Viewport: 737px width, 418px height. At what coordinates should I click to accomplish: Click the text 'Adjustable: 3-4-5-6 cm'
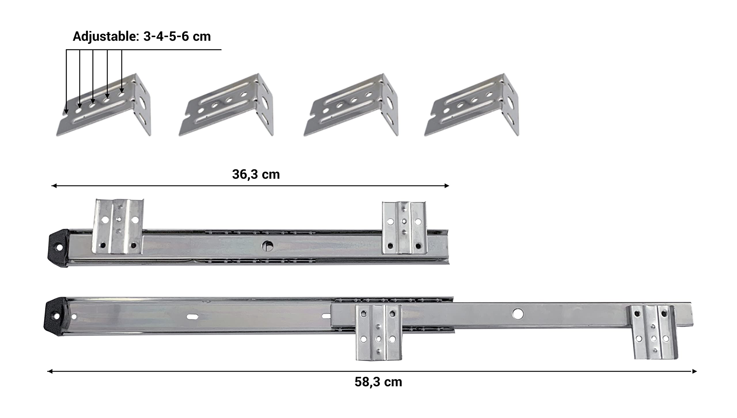142,37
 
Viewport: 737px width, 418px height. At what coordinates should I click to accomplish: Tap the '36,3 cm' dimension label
256,174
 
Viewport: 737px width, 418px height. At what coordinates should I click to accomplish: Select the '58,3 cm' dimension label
378,382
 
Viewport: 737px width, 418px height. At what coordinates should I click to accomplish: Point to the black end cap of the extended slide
55,317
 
